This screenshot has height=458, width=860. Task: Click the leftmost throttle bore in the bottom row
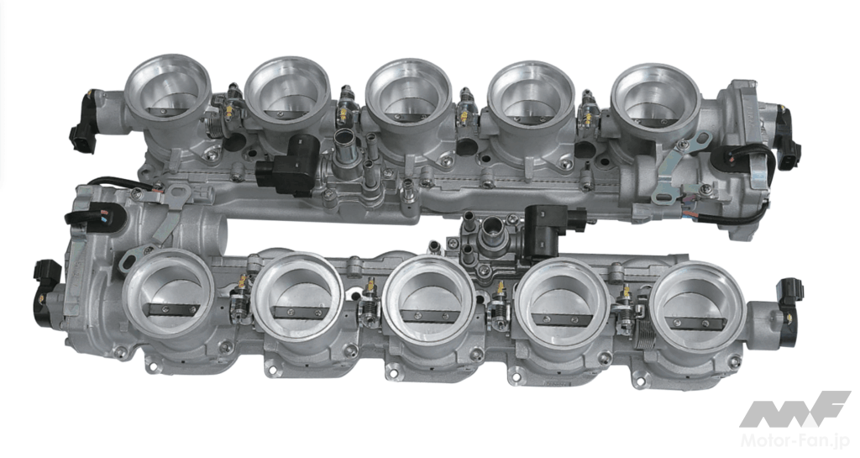168,292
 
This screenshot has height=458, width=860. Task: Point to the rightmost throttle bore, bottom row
697,308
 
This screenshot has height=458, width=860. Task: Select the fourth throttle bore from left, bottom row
564,303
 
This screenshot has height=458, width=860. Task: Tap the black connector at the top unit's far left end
82,124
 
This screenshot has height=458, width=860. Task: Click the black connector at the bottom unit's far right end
789,296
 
